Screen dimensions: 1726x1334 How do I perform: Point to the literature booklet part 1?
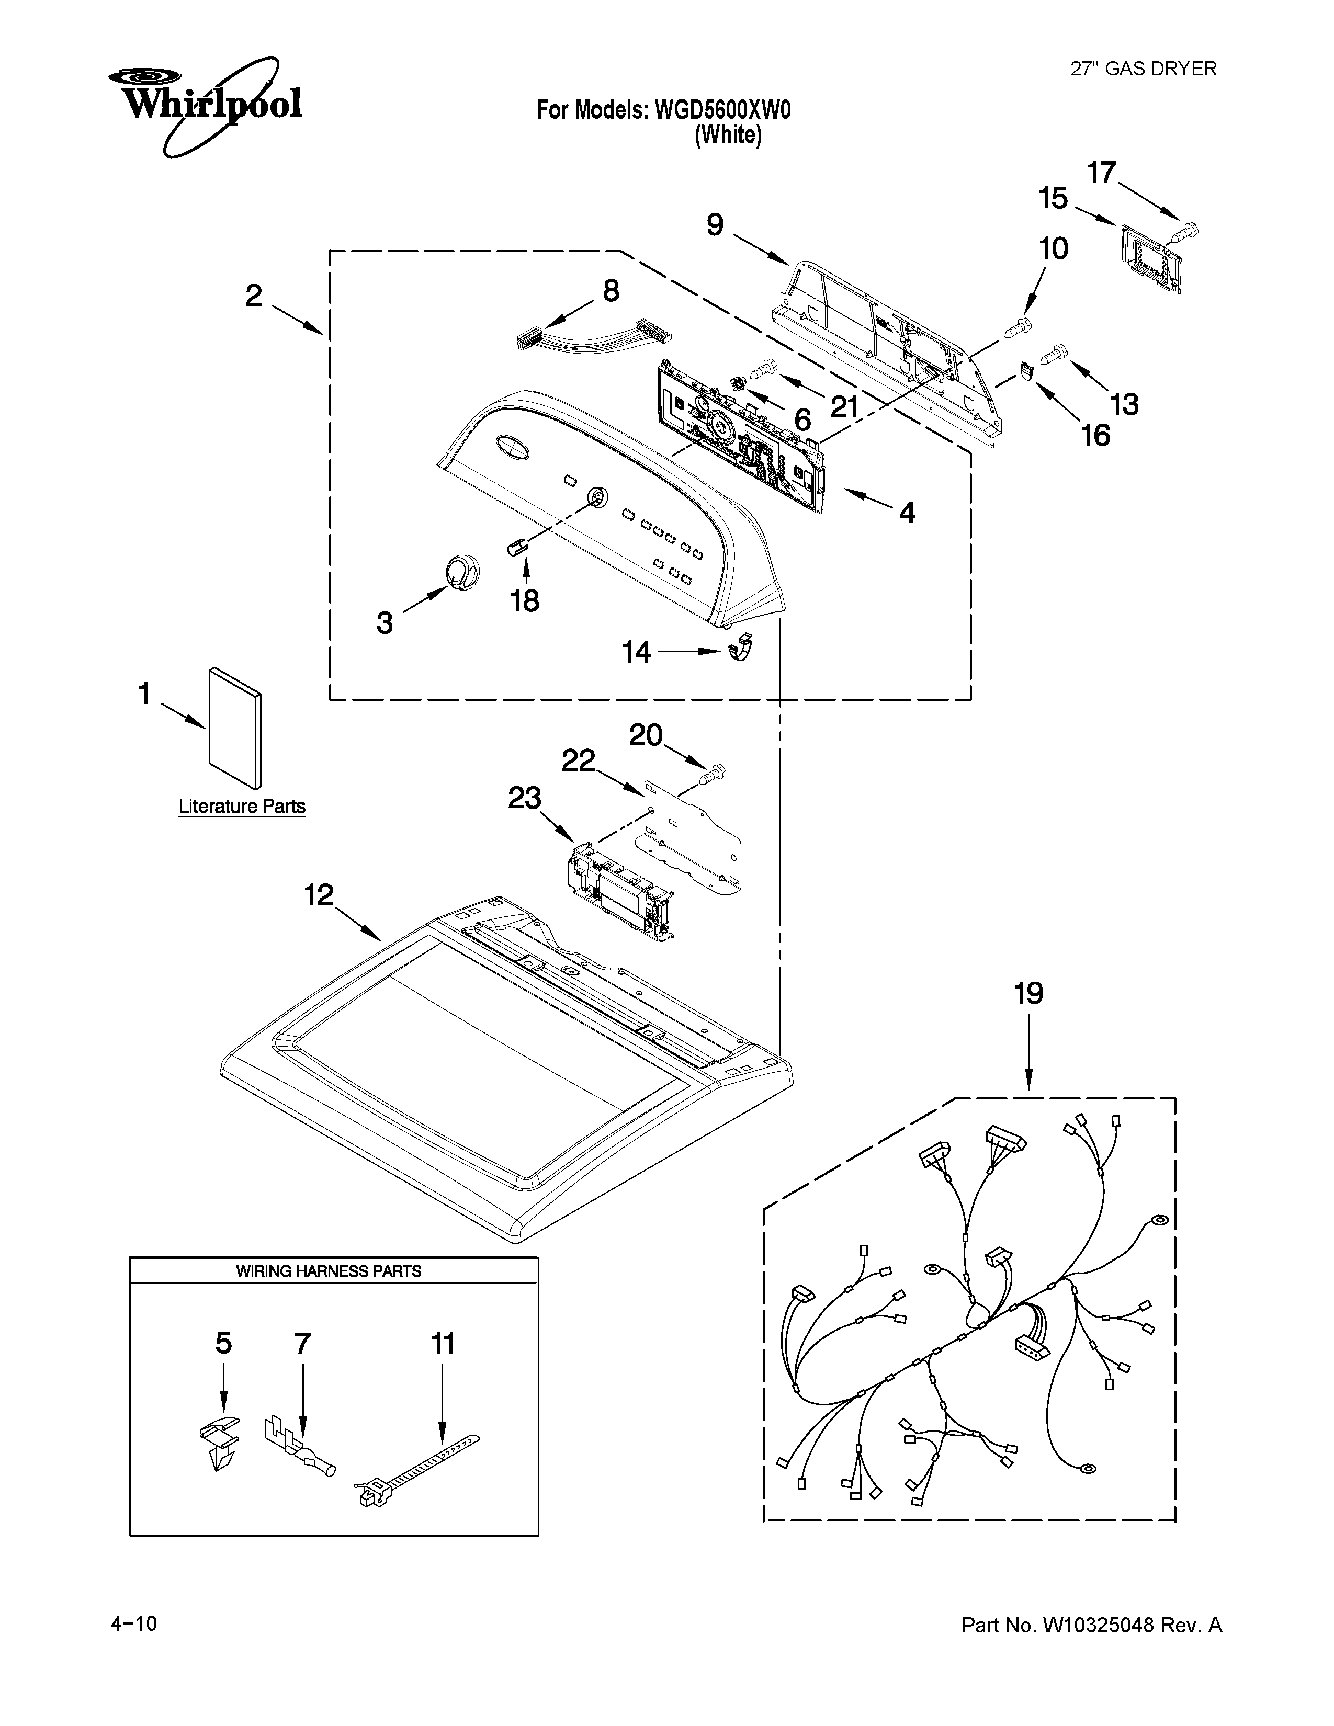click(x=235, y=729)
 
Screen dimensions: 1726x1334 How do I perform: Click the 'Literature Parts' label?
click(x=242, y=807)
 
